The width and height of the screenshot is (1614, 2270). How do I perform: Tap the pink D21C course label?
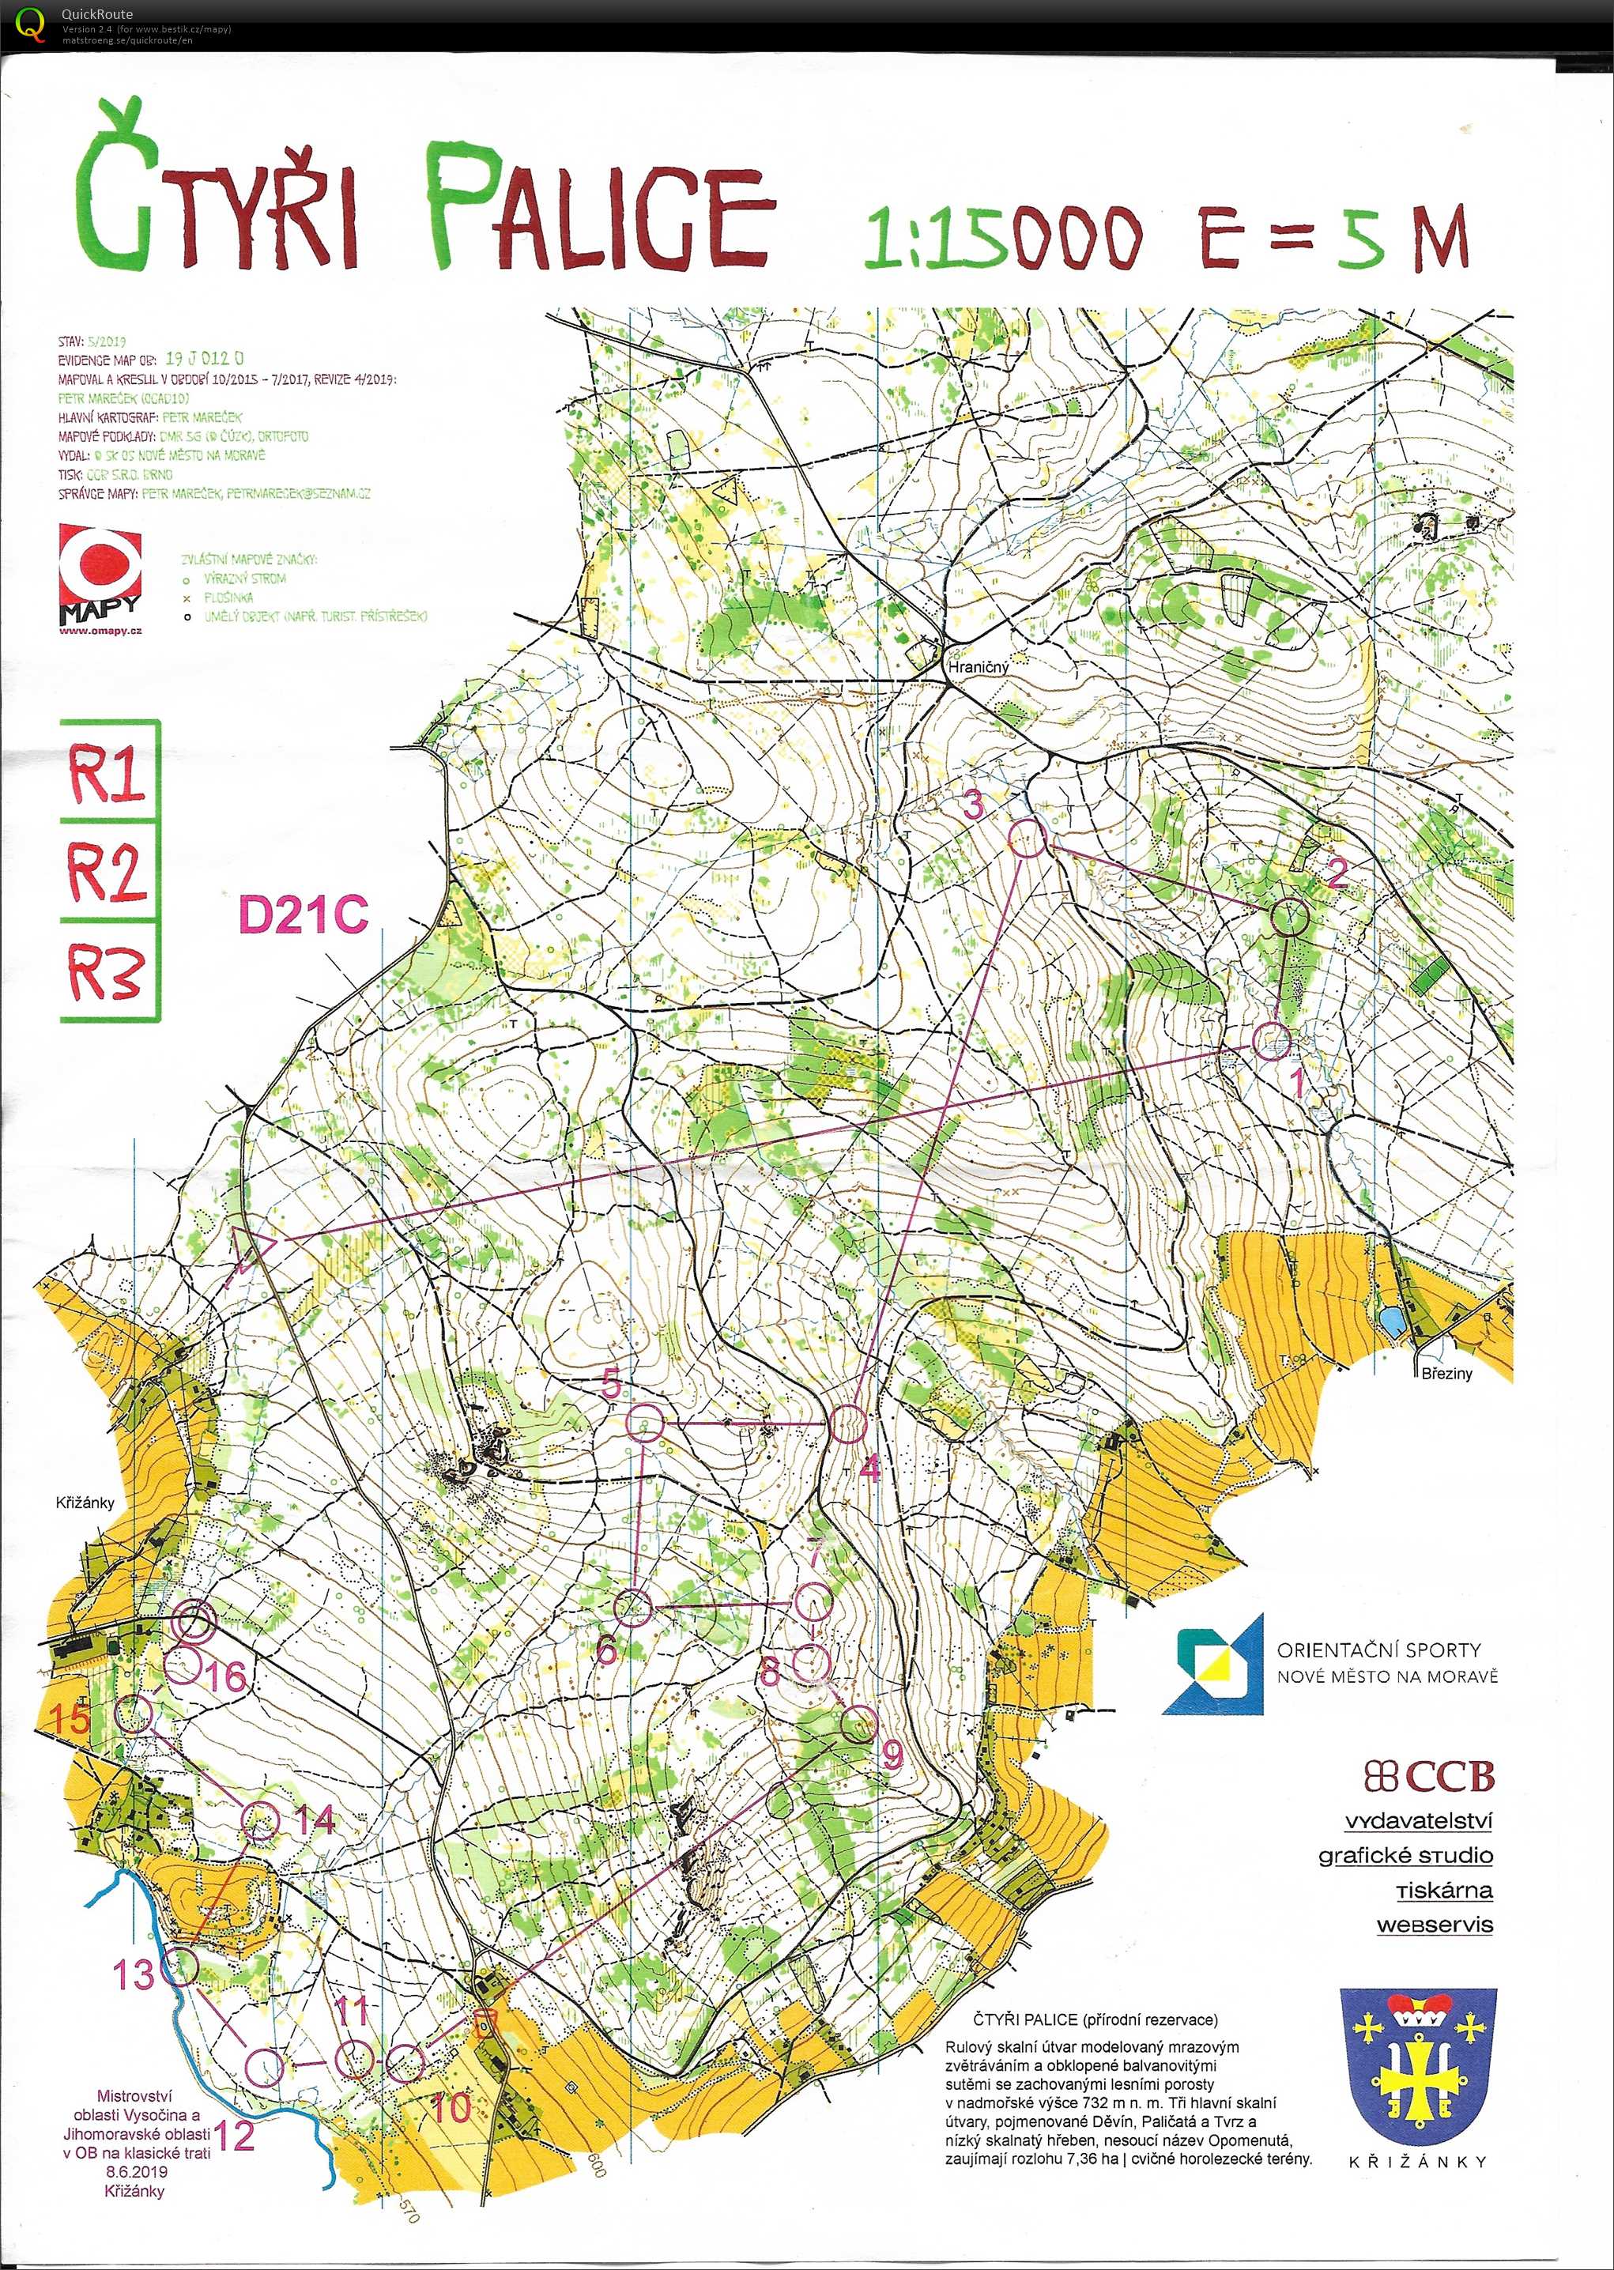pyautogui.click(x=304, y=915)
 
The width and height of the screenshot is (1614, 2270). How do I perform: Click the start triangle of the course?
pyautogui.click(x=251, y=1246)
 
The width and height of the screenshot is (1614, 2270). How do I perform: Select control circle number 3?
pyautogui.click(x=1028, y=839)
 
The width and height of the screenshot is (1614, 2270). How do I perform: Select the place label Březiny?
pyautogui.click(x=1446, y=1373)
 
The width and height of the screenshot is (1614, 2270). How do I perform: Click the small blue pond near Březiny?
pyautogui.click(x=1391, y=1321)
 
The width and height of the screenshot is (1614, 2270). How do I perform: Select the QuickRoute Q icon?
pyautogui.click(x=31, y=23)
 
